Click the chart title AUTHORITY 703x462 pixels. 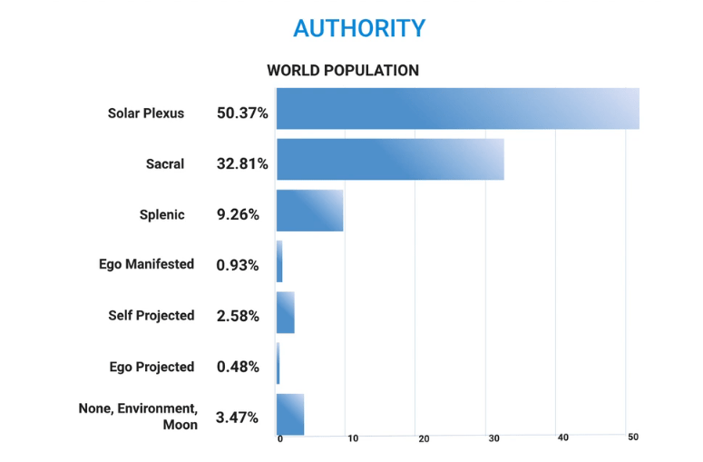[x=359, y=28]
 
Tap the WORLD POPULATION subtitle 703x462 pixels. [x=343, y=70]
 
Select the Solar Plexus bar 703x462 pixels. [x=457, y=109]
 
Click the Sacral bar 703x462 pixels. [x=390, y=160]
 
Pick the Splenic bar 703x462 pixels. [x=309, y=211]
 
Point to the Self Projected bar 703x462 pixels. [x=286, y=312]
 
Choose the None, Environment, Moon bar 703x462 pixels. [x=290, y=414]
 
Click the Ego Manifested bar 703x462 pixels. [x=279, y=261]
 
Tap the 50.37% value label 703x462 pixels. [x=242, y=113]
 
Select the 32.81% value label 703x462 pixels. [x=242, y=164]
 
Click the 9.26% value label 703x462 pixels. [x=239, y=215]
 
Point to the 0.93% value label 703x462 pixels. [x=238, y=266]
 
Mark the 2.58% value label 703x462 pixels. [x=238, y=317]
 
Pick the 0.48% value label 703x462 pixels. [x=238, y=368]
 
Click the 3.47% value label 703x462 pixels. [x=238, y=418]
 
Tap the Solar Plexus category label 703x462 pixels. [x=146, y=113]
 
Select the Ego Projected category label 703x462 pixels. [x=151, y=367]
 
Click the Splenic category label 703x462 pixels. [x=161, y=215]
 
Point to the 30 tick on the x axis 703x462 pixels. [x=494, y=438]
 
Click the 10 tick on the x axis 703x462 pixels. [x=353, y=438]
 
